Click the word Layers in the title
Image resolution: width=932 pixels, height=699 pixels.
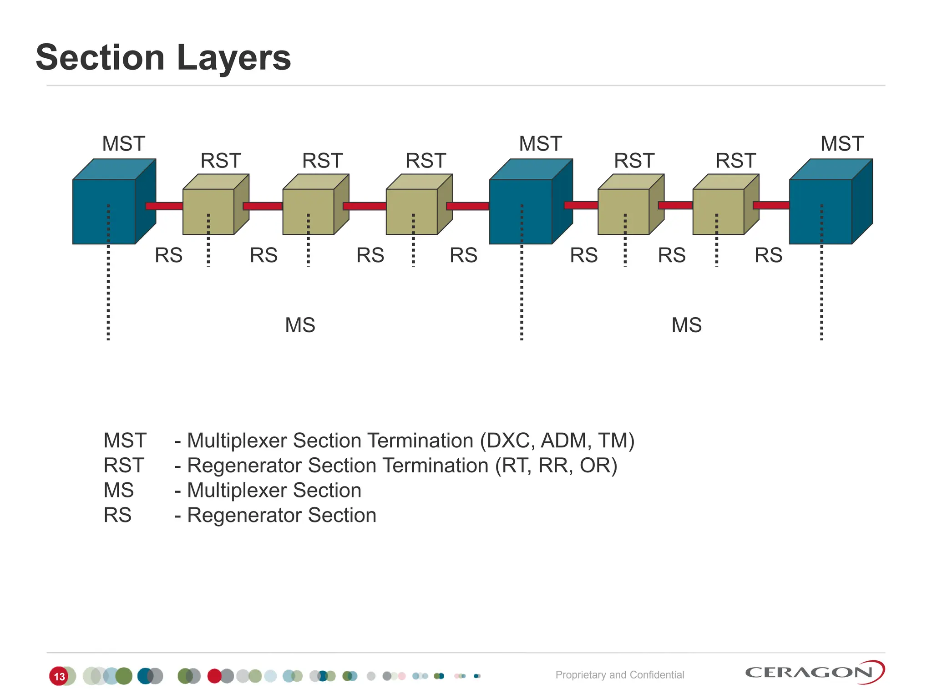click(x=233, y=58)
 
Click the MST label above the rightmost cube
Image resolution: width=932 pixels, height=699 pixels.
click(x=842, y=144)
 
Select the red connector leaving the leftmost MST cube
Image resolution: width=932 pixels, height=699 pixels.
click(x=164, y=206)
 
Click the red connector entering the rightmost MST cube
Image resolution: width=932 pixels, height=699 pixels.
click(x=771, y=205)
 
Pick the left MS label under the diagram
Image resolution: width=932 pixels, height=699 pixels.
click(x=300, y=325)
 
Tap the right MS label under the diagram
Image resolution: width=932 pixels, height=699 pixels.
click(x=686, y=325)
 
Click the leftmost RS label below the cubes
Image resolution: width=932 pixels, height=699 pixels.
click(x=168, y=255)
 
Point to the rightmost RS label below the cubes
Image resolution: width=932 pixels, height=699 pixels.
click(x=768, y=255)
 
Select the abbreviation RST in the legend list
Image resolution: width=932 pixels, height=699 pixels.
click(x=124, y=466)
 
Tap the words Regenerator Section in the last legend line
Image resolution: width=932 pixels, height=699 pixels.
click(x=282, y=516)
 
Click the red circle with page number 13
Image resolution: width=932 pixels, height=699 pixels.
click(x=59, y=676)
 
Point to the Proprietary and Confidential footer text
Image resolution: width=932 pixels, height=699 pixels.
click(x=619, y=675)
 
